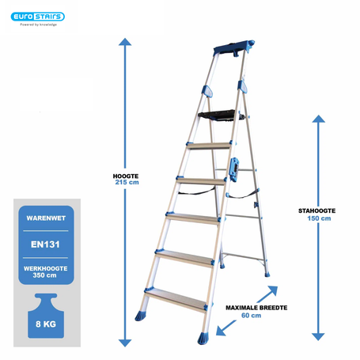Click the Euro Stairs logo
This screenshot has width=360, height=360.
[38, 17]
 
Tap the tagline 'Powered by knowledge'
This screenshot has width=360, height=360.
[39, 25]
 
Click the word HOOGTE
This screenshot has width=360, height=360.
[126, 176]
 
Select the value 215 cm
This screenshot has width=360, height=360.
[127, 182]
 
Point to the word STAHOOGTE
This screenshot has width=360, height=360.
[317, 210]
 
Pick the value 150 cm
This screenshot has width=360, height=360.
[319, 218]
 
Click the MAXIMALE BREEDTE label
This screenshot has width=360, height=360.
[256, 308]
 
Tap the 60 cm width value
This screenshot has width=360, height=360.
[251, 316]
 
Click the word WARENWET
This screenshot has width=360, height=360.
[46, 218]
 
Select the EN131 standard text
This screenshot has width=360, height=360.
[45, 244]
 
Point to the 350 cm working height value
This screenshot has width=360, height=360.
[44, 275]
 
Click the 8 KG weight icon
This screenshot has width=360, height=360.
[46, 316]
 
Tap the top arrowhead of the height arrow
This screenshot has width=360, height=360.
[125, 42]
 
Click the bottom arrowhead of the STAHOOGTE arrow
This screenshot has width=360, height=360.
[318, 337]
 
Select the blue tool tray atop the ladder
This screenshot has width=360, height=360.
[233, 47]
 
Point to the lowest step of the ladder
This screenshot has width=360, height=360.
[176, 300]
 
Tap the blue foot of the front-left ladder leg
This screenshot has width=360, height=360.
[140, 316]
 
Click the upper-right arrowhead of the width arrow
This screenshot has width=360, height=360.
[273, 291]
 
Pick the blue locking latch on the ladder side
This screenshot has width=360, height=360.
[233, 169]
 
